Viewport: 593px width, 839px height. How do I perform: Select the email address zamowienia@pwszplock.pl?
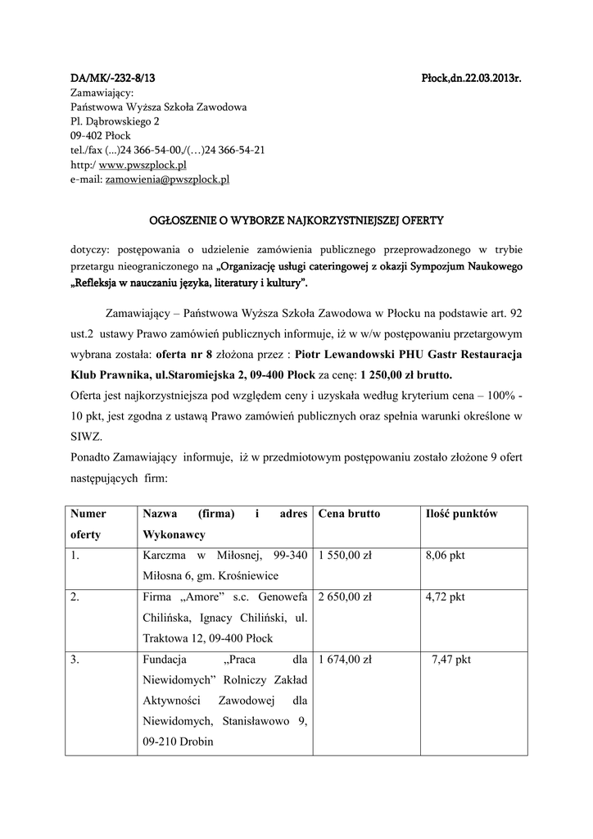[x=167, y=179]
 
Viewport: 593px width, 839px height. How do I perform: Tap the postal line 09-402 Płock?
[x=101, y=136]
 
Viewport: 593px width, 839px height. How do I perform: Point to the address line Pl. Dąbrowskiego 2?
[x=115, y=121]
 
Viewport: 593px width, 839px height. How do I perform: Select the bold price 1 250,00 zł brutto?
[x=405, y=375]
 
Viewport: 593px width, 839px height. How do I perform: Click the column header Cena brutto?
[x=349, y=514]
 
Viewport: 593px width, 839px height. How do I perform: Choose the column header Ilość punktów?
[x=462, y=514]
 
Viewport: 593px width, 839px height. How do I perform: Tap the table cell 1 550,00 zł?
[x=345, y=556]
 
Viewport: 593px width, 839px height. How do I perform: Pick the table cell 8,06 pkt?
[x=445, y=556]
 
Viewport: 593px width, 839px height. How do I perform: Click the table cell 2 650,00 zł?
[x=345, y=597]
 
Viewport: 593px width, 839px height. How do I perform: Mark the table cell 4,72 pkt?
[x=445, y=597]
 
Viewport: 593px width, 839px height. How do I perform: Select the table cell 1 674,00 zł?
[x=345, y=660]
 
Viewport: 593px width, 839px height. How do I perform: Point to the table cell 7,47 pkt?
[x=451, y=660]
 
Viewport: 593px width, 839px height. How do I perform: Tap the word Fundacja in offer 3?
[x=166, y=660]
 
